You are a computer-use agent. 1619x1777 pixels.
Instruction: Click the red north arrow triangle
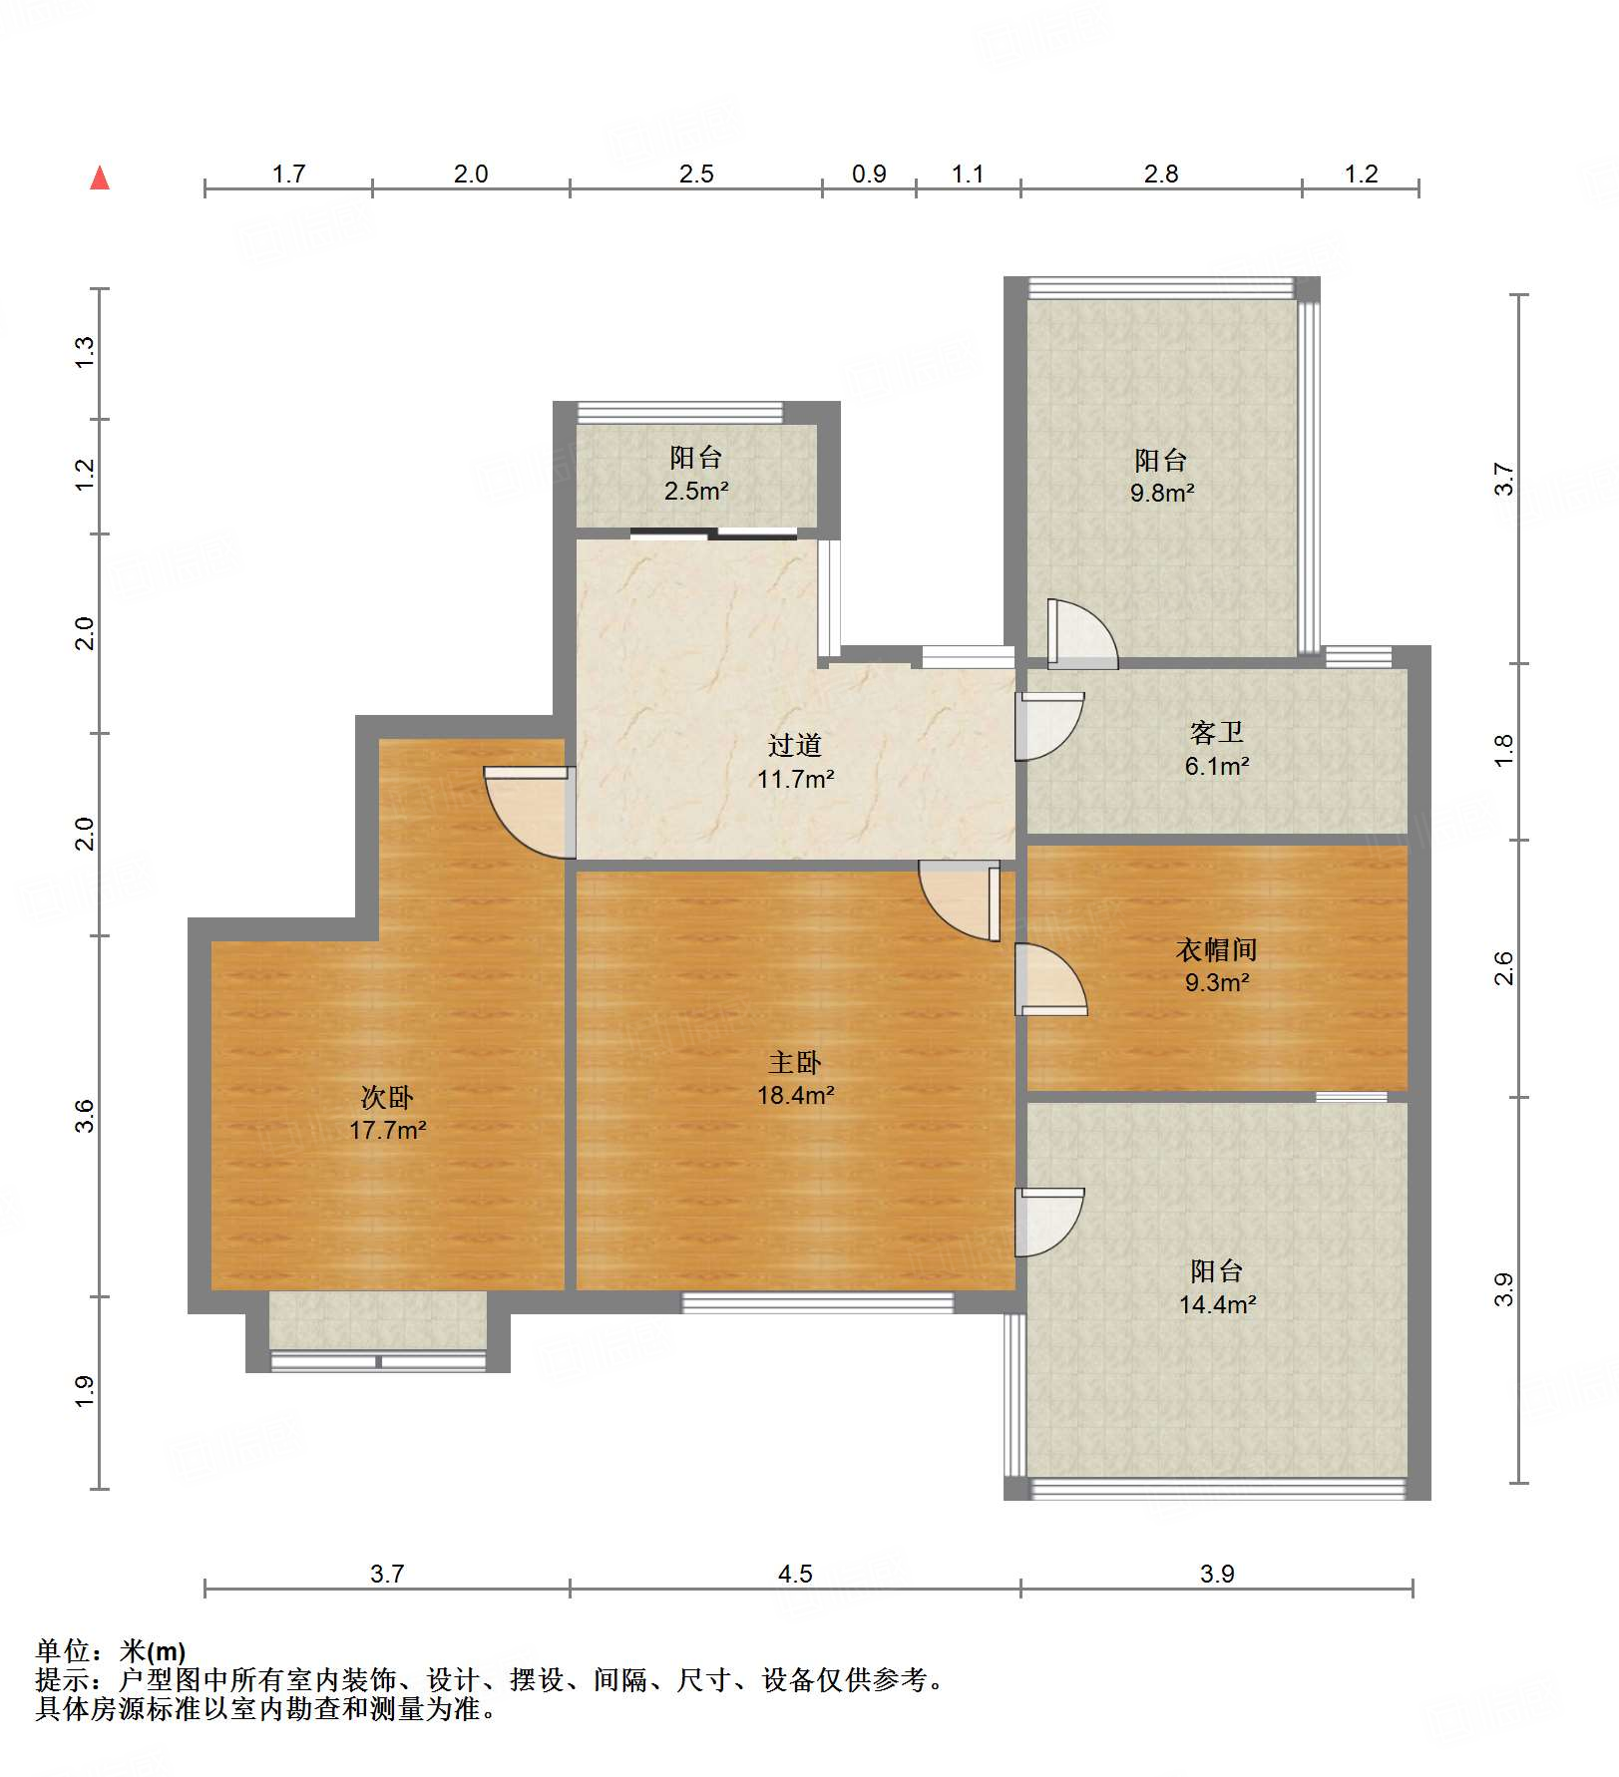100,178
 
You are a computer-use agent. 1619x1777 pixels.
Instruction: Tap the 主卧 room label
795,1062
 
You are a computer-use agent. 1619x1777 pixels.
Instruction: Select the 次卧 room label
387,1097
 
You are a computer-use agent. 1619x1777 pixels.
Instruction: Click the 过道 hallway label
795,745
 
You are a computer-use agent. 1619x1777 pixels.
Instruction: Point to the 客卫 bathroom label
1217,733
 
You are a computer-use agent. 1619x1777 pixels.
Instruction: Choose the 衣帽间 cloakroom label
1217,949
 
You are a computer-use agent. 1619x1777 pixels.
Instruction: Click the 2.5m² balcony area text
696,491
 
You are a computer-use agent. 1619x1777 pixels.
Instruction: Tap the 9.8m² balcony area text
1162,493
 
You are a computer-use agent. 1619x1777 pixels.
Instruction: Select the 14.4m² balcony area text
1217,1304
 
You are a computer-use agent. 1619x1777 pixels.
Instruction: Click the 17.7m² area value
387,1130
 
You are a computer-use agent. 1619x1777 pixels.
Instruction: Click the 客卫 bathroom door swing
1049,726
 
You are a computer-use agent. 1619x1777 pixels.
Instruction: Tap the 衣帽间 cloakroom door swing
1050,979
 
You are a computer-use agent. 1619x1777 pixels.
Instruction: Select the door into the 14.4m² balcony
1049,1222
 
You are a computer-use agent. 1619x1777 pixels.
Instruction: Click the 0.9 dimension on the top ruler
869,174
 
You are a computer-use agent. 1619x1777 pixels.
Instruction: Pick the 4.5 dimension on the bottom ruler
795,1574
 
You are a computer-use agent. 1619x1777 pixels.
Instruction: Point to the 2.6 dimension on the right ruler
1503,968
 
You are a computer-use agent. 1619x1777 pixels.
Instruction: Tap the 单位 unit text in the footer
62,1651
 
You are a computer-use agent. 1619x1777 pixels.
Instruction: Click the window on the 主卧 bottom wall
818,1301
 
